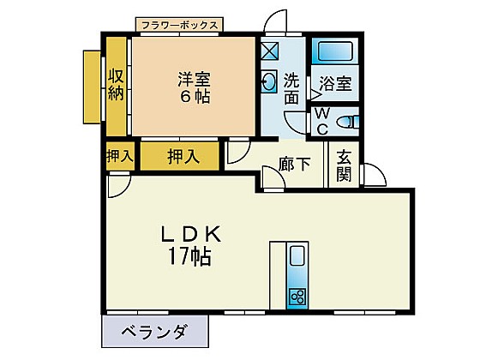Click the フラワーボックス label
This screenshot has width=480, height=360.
point(180,25)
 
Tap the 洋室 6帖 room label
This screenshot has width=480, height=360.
point(194,87)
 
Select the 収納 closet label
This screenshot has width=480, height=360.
point(116,85)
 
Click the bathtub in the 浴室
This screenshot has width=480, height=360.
point(335,51)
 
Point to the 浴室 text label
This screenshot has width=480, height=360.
point(335,82)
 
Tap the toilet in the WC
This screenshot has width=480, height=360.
point(347,122)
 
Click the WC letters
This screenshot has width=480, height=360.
point(322,122)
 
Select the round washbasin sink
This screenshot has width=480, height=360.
point(268,81)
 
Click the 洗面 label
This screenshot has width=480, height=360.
point(291,89)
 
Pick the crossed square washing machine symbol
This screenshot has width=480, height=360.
point(270,51)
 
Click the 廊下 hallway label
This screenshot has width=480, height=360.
point(295,164)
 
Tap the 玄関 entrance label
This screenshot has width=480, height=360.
point(344,165)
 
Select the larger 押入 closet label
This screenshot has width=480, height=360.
point(183,157)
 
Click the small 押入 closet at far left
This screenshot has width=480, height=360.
point(120,156)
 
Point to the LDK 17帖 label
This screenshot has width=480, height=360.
point(190,245)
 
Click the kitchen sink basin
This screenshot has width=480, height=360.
point(297,256)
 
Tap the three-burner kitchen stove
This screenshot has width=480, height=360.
point(297,296)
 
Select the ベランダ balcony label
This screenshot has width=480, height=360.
point(153,332)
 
